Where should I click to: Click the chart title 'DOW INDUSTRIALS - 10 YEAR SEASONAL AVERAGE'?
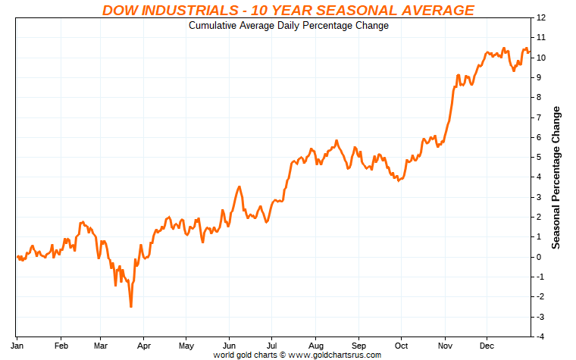coord(288,10)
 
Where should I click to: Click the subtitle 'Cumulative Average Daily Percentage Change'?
coord(288,25)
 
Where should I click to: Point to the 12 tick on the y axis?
coord(540,17)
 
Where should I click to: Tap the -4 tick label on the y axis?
coord(540,337)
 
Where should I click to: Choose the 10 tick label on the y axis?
coord(540,58)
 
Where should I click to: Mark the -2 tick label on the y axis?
coord(540,297)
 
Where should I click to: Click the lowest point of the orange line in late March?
coord(131,306)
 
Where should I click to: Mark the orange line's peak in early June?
coord(239,186)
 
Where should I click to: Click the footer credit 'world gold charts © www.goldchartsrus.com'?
coord(297,354)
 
